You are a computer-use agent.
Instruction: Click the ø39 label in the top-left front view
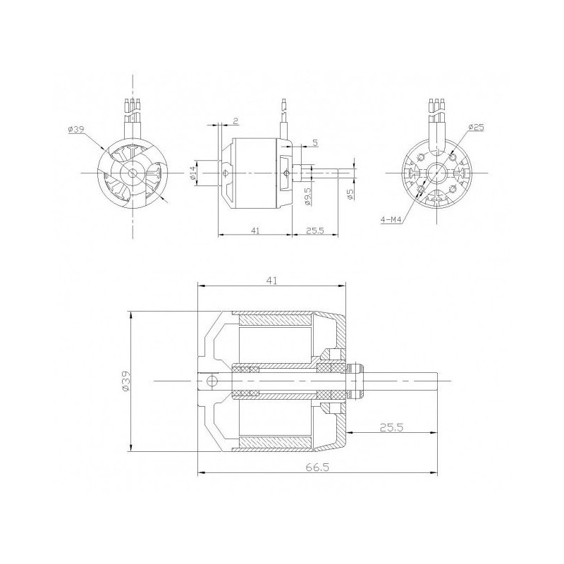pyautogui.click(x=77, y=130)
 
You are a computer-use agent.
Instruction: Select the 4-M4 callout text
pyautogui.click(x=389, y=219)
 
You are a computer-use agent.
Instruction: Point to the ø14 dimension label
pyautogui.click(x=193, y=173)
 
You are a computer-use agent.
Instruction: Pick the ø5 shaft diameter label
pyautogui.click(x=350, y=194)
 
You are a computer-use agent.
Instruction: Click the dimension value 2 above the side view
pyautogui.click(x=234, y=121)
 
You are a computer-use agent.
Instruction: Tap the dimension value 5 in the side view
pyautogui.click(x=314, y=142)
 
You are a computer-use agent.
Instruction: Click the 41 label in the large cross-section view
pyautogui.click(x=272, y=281)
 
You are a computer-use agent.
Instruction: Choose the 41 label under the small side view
pyautogui.click(x=255, y=230)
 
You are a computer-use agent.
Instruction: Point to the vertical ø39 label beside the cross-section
pyautogui.click(x=125, y=381)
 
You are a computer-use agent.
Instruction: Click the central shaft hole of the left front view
pyautogui.click(x=133, y=173)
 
